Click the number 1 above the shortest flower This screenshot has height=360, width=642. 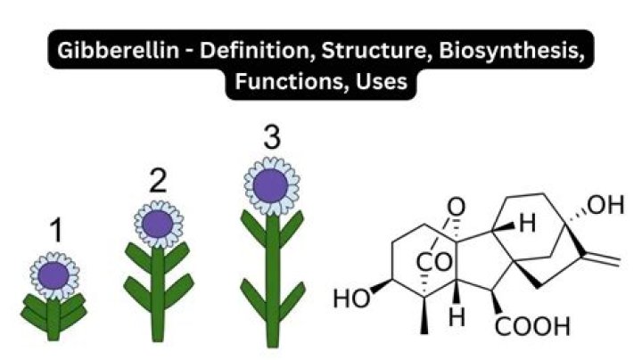(x=56, y=233)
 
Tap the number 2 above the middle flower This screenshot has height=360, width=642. (x=158, y=183)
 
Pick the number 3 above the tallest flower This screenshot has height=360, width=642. (x=271, y=139)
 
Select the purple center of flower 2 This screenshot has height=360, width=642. (x=158, y=224)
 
